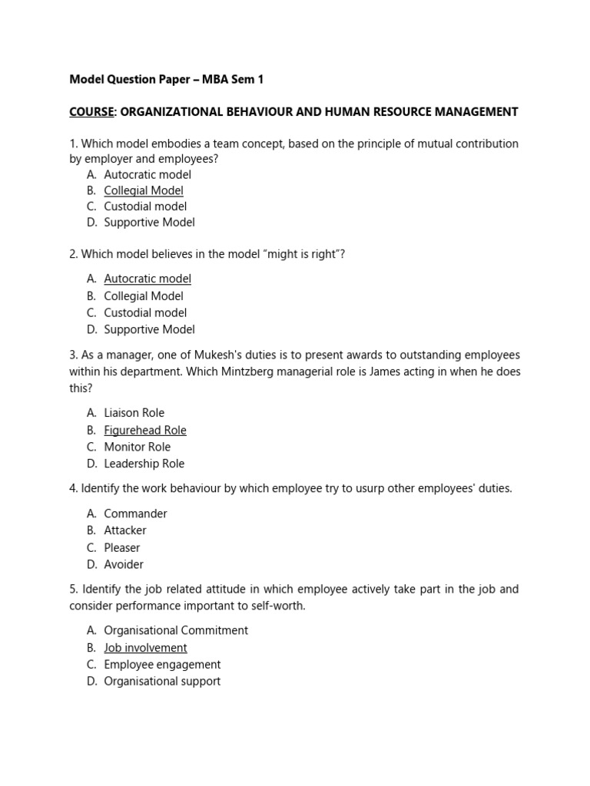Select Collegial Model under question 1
[x=144, y=190]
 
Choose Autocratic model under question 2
[x=147, y=279]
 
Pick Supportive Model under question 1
[x=149, y=223]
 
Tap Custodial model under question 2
[x=145, y=312]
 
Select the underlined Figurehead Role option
[x=145, y=431]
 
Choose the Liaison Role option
[x=134, y=413]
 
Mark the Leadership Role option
[x=144, y=464]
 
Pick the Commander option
[x=135, y=514]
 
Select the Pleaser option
[x=122, y=547]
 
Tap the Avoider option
[x=124, y=564]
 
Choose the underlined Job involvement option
[x=145, y=648]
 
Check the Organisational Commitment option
[x=176, y=630]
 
